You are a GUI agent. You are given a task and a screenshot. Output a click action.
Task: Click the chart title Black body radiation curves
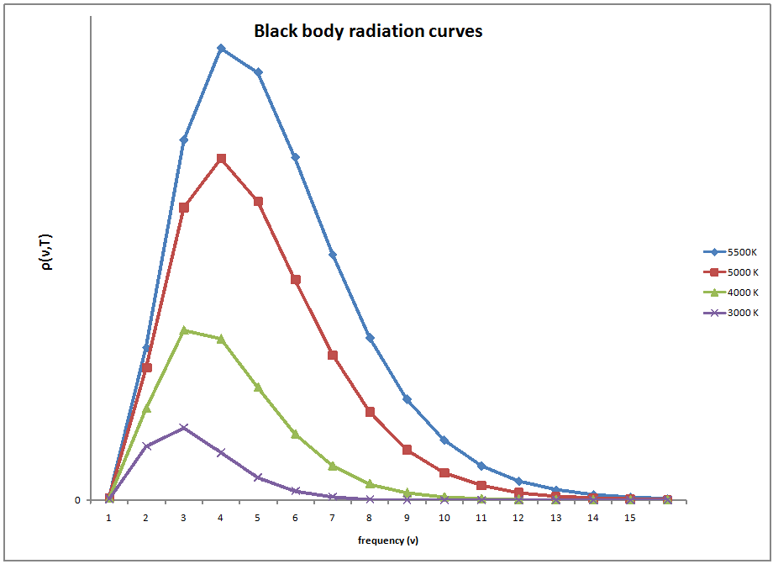[x=368, y=32]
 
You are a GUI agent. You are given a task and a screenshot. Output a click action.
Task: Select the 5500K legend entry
[x=731, y=251]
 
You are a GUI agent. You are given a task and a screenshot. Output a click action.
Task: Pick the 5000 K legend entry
[x=731, y=271]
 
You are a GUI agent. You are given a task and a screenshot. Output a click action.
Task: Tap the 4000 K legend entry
[x=731, y=293]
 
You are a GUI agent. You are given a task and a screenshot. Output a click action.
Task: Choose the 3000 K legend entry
[x=731, y=313]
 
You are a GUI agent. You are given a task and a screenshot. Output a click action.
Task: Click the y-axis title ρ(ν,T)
[x=47, y=251]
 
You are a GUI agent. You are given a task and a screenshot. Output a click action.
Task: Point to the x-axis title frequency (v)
[x=388, y=540]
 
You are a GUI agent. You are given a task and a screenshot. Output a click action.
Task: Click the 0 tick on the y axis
[x=78, y=500]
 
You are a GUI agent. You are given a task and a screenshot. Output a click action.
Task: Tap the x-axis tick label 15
[x=629, y=519]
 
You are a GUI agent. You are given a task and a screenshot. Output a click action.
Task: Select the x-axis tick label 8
[x=369, y=519]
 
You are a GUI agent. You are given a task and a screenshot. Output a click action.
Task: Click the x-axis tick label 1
[x=109, y=519]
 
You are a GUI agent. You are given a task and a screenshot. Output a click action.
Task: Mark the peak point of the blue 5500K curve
[x=221, y=48]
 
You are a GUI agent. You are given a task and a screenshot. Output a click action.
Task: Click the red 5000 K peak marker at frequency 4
[x=221, y=158]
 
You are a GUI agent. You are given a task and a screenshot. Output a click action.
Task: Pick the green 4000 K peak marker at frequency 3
[x=183, y=329]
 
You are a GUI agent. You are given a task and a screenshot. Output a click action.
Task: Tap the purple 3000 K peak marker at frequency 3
[x=183, y=428]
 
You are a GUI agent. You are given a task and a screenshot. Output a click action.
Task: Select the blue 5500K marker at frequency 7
[x=333, y=255]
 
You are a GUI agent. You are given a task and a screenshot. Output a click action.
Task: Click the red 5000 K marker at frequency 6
[x=296, y=279]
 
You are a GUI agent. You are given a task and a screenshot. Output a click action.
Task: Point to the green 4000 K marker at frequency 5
[x=258, y=387]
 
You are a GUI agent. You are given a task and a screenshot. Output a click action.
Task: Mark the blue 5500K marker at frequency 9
[x=407, y=399]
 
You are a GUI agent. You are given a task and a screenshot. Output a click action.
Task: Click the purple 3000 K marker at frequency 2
[x=146, y=446]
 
